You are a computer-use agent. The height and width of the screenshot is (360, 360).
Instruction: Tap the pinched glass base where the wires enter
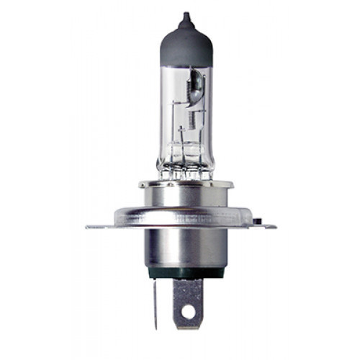click(185, 174)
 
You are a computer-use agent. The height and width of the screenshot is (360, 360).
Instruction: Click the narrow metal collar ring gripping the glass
click(185, 184)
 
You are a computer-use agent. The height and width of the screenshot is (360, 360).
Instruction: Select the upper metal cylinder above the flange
click(185, 202)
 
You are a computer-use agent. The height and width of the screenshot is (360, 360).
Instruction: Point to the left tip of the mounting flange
click(89, 228)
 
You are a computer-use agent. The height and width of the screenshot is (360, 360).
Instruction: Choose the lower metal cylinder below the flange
click(185, 248)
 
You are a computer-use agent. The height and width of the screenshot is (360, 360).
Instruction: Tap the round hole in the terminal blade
click(189, 312)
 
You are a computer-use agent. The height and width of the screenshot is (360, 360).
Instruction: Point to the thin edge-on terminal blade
click(156, 302)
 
